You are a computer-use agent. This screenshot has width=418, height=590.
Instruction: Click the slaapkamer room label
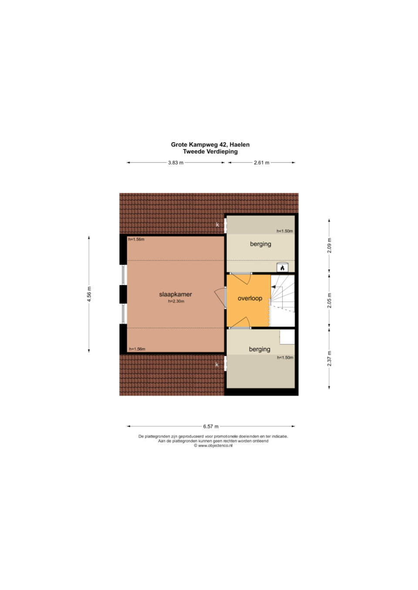pyautogui.click(x=175, y=294)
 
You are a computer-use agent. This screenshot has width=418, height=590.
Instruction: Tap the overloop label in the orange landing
pyautogui.click(x=250, y=298)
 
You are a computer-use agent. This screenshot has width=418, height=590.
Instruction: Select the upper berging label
pyautogui.click(x=260, y=244)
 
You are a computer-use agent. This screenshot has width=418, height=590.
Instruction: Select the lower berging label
pyautogui.click(x=260, y=349)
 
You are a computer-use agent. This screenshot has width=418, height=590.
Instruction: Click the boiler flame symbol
pyautogui.click(x=282, y=268)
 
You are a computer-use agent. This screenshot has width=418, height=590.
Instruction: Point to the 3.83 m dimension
pyautogui.click(x=175, y=163)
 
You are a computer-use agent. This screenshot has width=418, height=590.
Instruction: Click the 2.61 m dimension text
pyautogui.click(x=262, y=163)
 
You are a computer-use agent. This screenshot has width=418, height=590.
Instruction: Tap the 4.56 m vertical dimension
pyautogui.click(x=89, y=294)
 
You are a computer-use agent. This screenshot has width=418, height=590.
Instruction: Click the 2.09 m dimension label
pyautogui.click(x=329, y=246)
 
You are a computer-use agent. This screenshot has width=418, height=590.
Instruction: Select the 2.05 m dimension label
pyautogui.click(x=329, y=300)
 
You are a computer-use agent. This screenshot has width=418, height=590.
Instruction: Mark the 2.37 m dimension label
pyautogui.click(x=329, y=358)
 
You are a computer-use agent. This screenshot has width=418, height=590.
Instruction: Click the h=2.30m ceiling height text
pyautogui.click(x=176, y=301)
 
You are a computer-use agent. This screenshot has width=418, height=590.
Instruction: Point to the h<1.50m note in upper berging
pyautogui.click(x=285, y=231)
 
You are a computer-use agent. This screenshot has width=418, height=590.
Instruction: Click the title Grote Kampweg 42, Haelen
pyautogui.click(x=210, y=144)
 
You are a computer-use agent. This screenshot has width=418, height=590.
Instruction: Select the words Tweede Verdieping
pyautogui.click(x=210, y=151)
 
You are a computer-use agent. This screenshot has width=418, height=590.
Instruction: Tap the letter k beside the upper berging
pyautogui.click(x=218, y=225)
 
